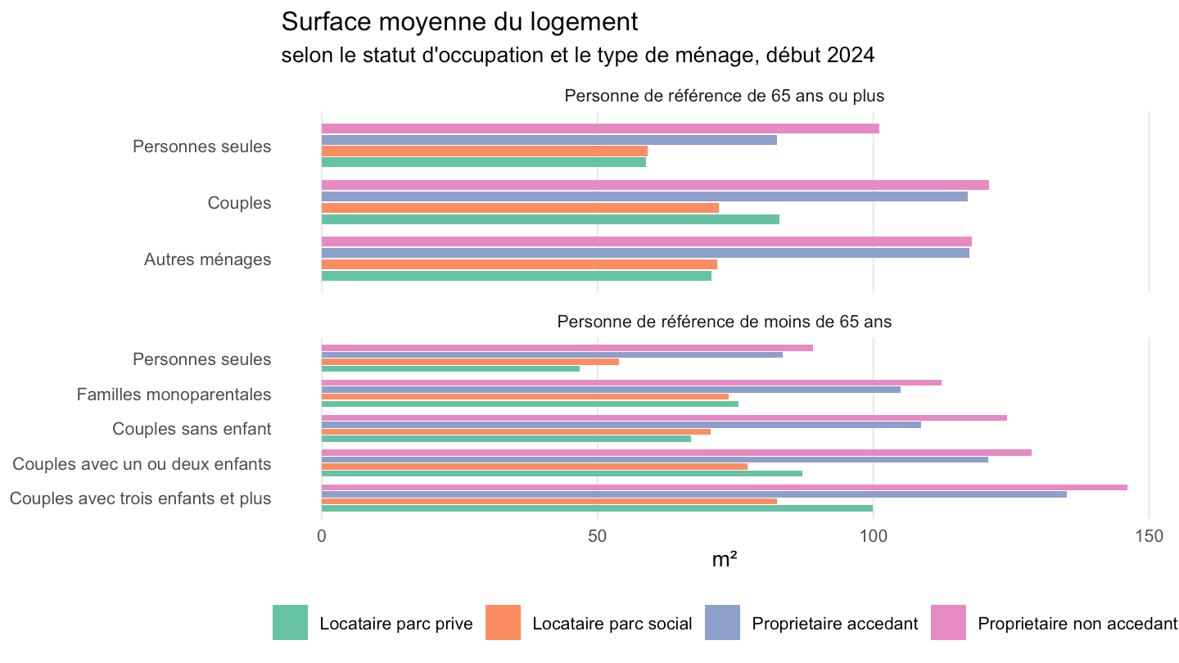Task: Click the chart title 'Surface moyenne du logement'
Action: pos(459,22)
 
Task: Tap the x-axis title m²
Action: pos(725,559)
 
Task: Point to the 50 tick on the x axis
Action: pos(598,536)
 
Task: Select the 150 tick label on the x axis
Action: pos(1149,536)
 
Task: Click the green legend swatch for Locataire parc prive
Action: pos(290,622)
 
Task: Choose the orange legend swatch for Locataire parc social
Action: pos(503,622)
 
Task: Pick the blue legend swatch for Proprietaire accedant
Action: pos(722,622)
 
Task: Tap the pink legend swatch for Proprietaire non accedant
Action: pos(948,622)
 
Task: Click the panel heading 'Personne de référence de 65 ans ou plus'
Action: pos(725,96)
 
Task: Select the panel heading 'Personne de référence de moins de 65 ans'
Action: pos(725,322)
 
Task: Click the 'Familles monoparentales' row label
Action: pos(174,395)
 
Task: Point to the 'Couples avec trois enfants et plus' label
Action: pos(141,498)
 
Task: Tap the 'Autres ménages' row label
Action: pos(207,259)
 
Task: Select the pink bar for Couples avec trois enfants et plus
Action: pos(725,487)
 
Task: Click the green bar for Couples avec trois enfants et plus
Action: pos(597,508)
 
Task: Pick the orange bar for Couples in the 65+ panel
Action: pos(520,208)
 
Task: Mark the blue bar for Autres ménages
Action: pos(645,253)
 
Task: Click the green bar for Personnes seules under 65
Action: pos(450,369)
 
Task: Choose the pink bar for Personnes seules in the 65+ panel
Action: pos(600,129)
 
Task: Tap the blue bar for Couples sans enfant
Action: pos(621,425)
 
